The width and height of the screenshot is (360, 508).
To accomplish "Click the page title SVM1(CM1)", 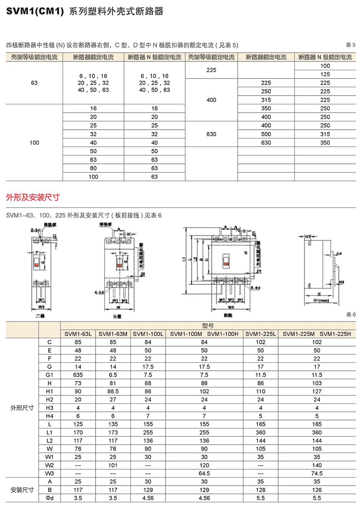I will pos(34,11).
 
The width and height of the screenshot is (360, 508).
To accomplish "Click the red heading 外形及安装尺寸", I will pos(33,197).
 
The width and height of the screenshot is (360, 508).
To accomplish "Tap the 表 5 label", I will pos(350,45).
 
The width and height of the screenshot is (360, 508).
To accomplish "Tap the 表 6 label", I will pos(350,315).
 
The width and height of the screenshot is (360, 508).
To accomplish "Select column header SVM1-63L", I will pos(78,334).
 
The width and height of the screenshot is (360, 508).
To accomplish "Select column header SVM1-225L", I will pos(260,334).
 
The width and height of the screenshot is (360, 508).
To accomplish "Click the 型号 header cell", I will pos(208,326).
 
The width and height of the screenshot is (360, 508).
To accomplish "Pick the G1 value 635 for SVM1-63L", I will pos(78,375).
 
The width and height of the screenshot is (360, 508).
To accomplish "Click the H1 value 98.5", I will pos(113,392).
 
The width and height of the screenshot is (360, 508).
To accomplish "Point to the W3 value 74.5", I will pos(317,474).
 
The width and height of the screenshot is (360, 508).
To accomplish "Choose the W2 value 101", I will pos(113,465).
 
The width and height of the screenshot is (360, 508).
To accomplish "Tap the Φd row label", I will pos(50,498).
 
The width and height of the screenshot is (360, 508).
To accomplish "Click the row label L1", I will pos(50,433).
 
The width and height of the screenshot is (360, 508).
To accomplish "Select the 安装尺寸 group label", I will pos(22,490).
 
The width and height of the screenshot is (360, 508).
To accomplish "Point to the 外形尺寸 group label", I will pos(22,408).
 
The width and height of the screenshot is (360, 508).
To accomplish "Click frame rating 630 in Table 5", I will pos(211,134).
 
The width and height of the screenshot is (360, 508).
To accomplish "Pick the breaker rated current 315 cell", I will pos(266,100).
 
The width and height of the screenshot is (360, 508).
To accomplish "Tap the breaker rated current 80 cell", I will pos(93,168).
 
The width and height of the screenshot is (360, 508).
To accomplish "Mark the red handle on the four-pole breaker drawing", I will pos(226,264).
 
